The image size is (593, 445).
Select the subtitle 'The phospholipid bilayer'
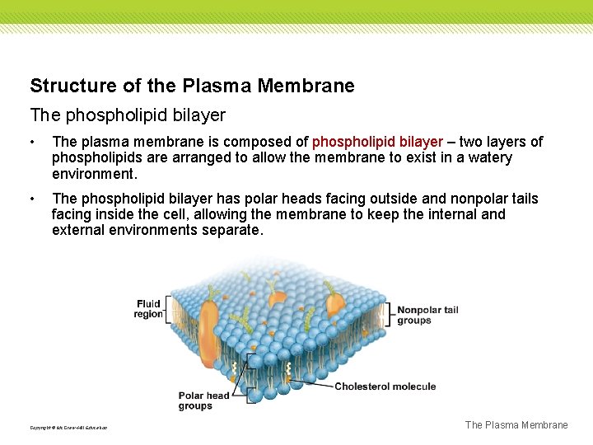tap(128, 115)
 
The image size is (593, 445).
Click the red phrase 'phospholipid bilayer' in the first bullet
tap(378, 142)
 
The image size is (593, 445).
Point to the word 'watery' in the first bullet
tap(487, 157)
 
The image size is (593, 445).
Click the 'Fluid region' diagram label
tap(148, 308)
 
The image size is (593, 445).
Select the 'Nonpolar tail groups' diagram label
tap(427, 315)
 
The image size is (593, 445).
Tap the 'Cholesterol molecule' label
tap(385, 386)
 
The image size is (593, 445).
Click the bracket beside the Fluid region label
tap(167, 308)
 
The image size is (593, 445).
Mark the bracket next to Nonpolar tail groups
tap(390, 315)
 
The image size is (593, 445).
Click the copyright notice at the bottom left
tap(68, 428)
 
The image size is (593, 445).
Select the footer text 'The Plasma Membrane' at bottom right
tap(516, 425)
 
